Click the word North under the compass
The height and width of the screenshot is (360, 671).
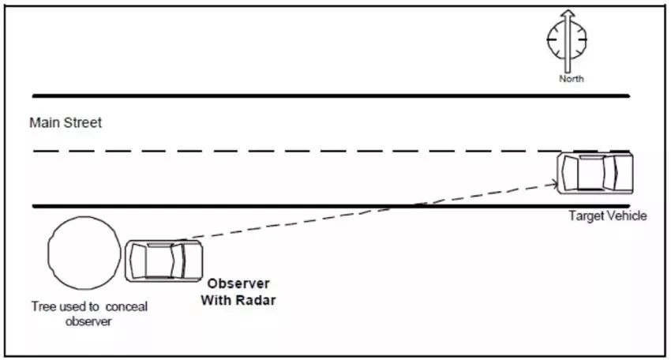[x=571, y=79]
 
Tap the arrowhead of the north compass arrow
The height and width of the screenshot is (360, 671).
[x=566, y=15]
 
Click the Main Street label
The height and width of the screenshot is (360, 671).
[x=66, y=123]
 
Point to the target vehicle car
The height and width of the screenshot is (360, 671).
[x=595, y=172]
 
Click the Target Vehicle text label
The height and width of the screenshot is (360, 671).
[x=607, y=216]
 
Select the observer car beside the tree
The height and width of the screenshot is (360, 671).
[x=163, y=260]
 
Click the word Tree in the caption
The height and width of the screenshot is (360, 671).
[x=43, y=306]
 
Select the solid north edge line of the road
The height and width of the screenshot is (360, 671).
[x=332, y=96]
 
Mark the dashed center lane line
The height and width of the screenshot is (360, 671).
[x=300, y=151]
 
